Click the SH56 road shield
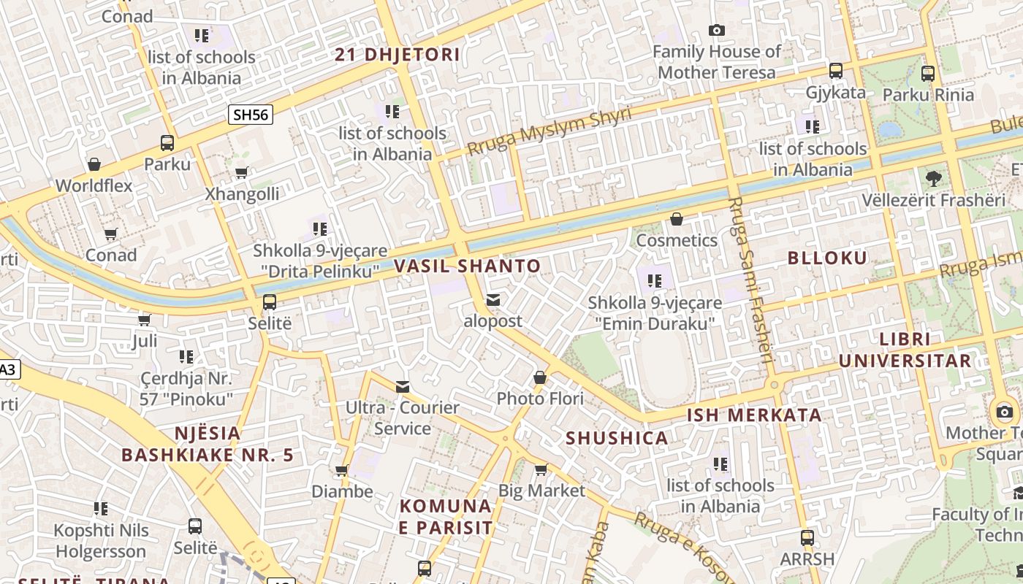coord(251,115)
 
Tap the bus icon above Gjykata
coord(836,71)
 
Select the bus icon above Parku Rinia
coord(928,73)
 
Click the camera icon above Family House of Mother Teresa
coord(717,30)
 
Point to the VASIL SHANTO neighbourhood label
coord(468,266)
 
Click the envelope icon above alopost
coord(493,300)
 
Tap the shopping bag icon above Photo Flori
coord(540,377)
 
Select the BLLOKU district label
coord(828,258)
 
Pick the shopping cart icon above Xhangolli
coord(241,173)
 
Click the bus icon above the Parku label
coord(167,143)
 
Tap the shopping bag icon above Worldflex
coord(94,164)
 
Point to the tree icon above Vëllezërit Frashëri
coord(933,178)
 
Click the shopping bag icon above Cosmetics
coord(677,219)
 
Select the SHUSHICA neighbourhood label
coord(617,438)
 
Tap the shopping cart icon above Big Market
coord(541,469)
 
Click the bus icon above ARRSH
coord(807,538)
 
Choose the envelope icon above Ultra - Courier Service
coord(403,386)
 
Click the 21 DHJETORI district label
coord(398,55)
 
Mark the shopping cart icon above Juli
coord(145,320)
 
